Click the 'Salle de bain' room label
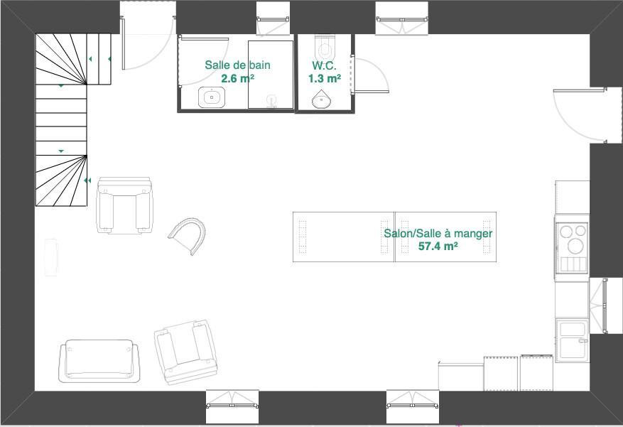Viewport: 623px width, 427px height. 237,65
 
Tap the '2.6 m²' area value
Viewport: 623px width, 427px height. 237,78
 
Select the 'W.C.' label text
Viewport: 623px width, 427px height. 324,65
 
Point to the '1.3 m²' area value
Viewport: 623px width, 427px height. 324,78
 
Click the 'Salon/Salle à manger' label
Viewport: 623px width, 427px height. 438,233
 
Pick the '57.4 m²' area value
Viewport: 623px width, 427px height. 438,247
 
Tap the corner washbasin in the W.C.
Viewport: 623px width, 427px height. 321,99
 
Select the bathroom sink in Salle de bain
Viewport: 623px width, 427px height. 212,97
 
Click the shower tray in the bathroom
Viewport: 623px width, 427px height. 271,75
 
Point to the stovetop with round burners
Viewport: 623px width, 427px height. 572,249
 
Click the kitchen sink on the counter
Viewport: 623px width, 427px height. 572,340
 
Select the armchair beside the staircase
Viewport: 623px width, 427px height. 124,205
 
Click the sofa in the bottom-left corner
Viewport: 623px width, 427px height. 99,361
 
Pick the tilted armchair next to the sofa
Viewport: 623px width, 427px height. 185,352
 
